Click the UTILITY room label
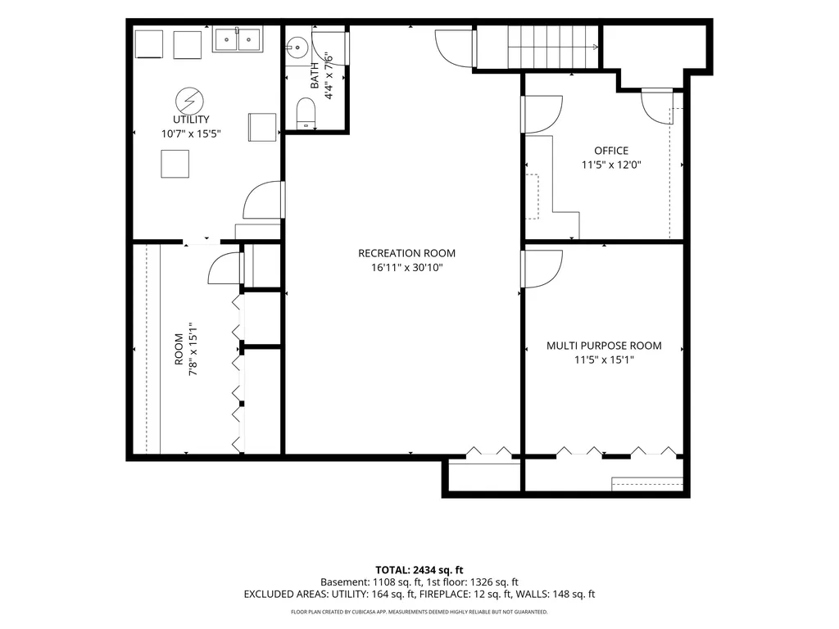click(x=190, y=120)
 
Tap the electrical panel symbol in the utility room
click(x=189, y=101)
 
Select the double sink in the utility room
click(x=238, y=39)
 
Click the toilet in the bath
click(x=306, y=113)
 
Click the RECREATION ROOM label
click(x=406, y=253)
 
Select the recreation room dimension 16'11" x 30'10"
click(x=406, y=268)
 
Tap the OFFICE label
click(x=611, y=151)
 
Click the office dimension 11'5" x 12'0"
click(x=611, y=165)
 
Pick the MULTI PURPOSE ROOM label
click(x=604, y=346)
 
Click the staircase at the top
click(x=553, y=47)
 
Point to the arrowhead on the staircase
click(x=596, y=47)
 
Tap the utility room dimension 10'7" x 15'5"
click(x=190, y=133)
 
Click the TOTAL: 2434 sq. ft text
click(x=419, y=570)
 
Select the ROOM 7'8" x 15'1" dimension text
click(x=193, y=349)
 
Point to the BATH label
click(x=315, y=75)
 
